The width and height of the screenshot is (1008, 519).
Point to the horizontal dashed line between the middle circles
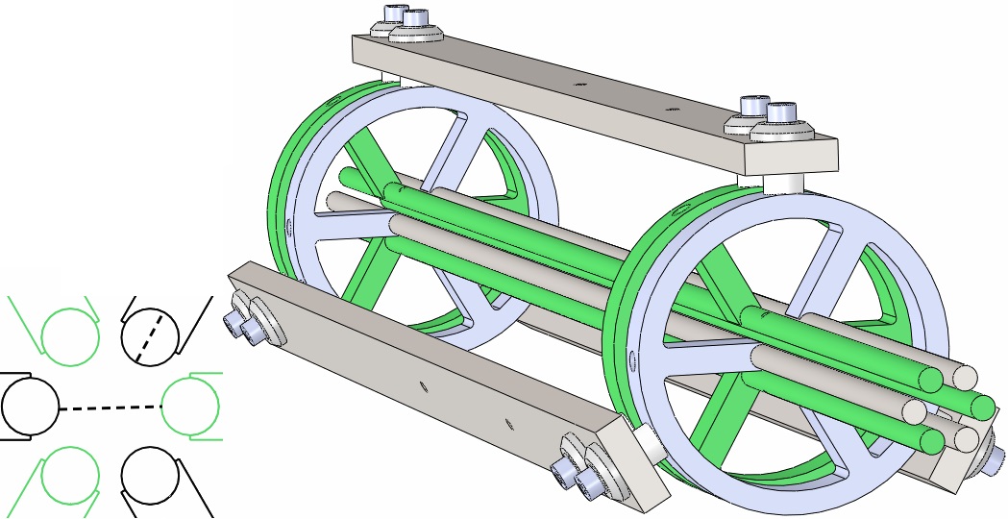pyautogui.click(x=110, y=408)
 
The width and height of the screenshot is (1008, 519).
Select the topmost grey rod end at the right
pyautogui.click(x=965, y=375)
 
